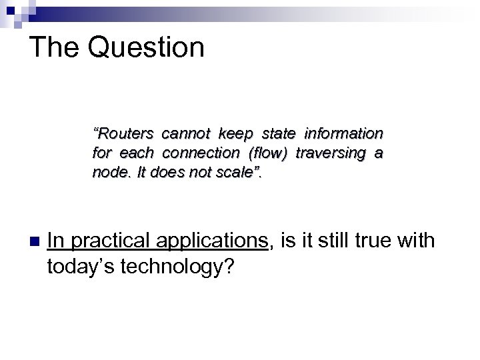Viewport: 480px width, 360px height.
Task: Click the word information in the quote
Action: point(345,132)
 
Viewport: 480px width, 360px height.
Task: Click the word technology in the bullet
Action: point(179,266)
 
